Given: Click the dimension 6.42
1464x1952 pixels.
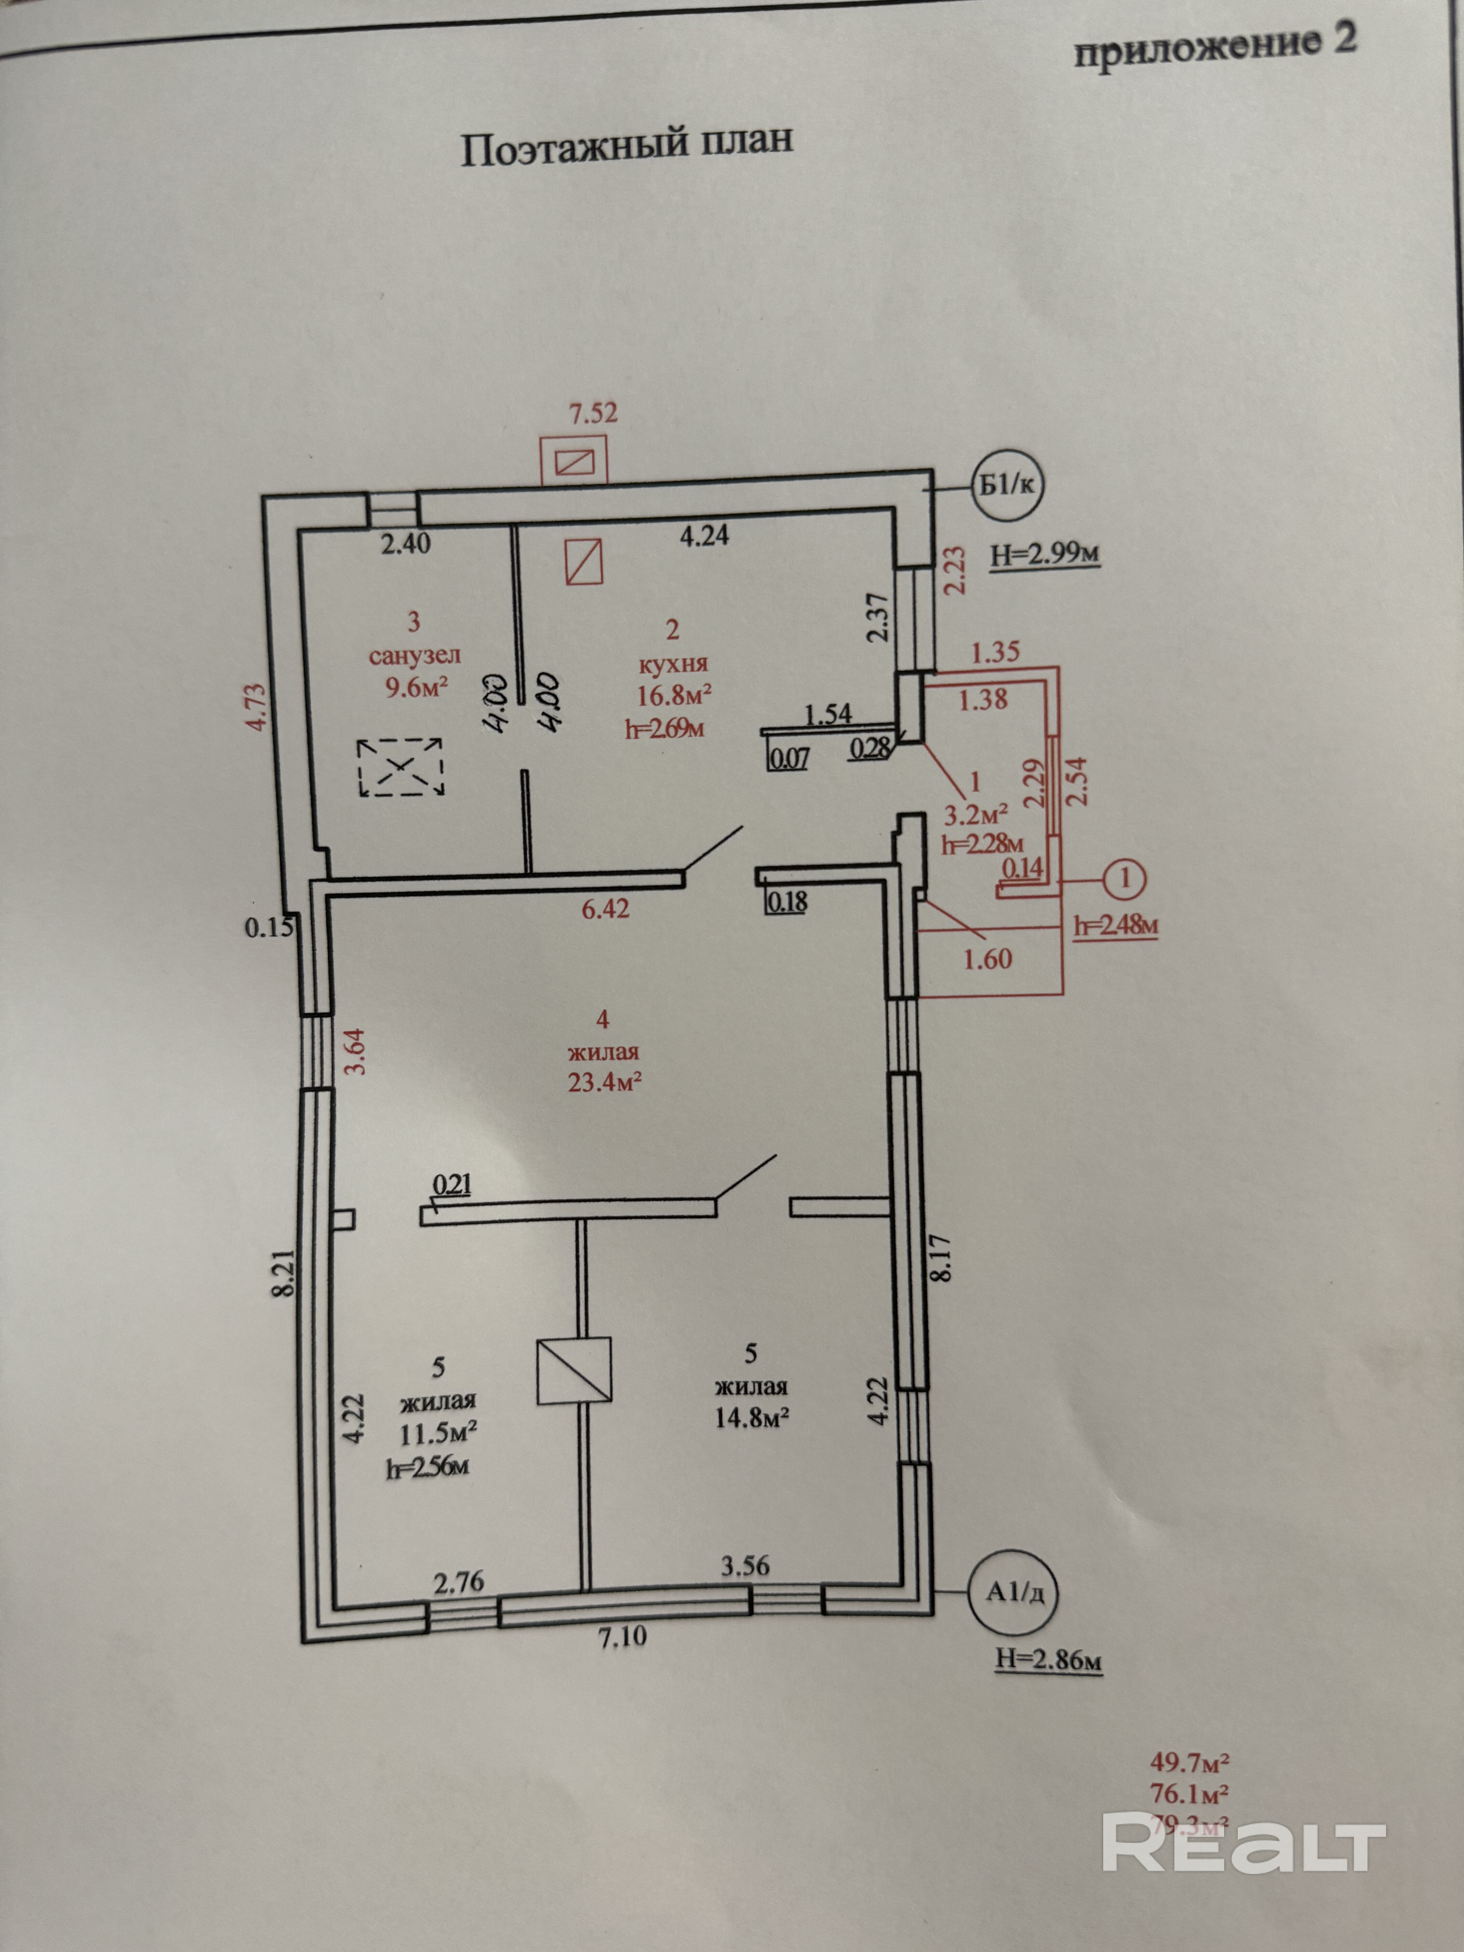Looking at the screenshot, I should click(605, 909).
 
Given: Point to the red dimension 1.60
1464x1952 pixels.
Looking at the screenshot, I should click(988, 959).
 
